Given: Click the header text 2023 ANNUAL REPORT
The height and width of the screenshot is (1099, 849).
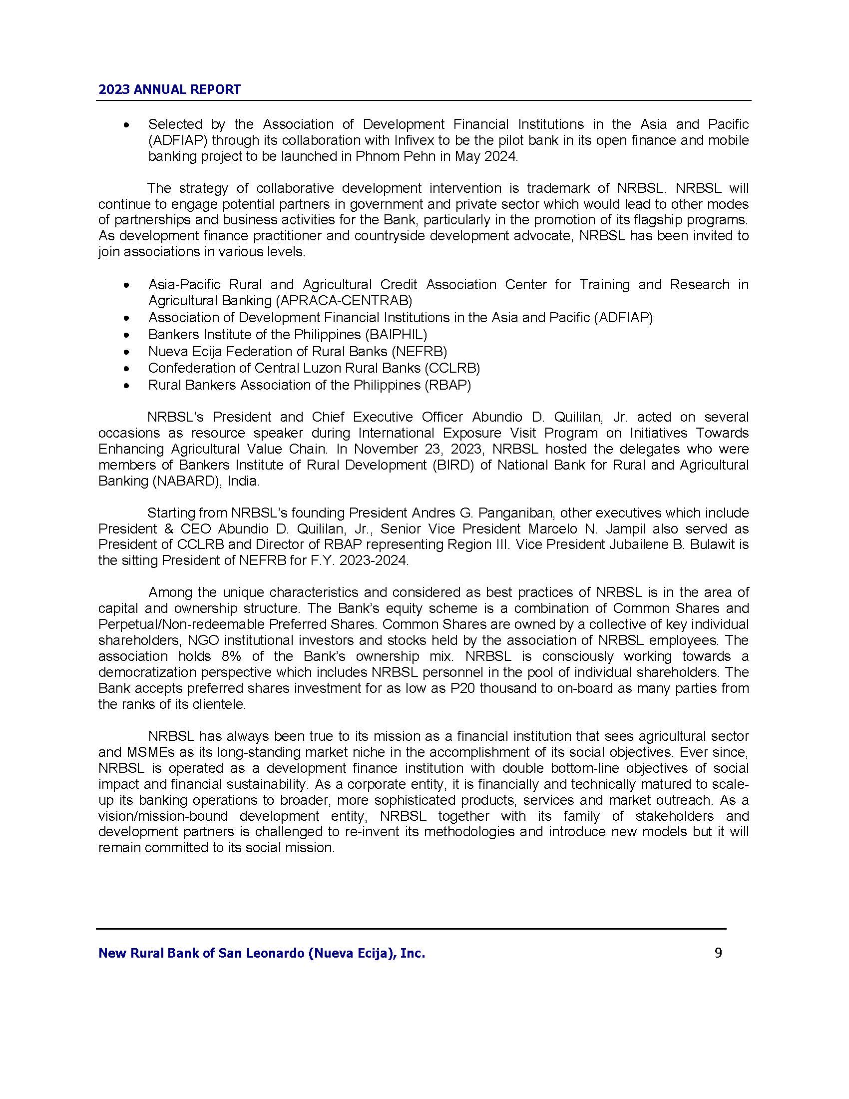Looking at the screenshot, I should [x=169, y=89].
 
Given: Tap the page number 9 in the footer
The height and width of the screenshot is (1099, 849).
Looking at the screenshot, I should [x=718, y=953].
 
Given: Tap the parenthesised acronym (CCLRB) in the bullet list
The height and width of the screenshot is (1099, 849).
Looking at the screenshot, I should [x=452, y=368].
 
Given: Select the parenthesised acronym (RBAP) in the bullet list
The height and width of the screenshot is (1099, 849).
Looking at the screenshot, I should [x=447, y=385].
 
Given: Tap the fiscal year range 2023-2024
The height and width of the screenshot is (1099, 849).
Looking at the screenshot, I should [x=373, y=560].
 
